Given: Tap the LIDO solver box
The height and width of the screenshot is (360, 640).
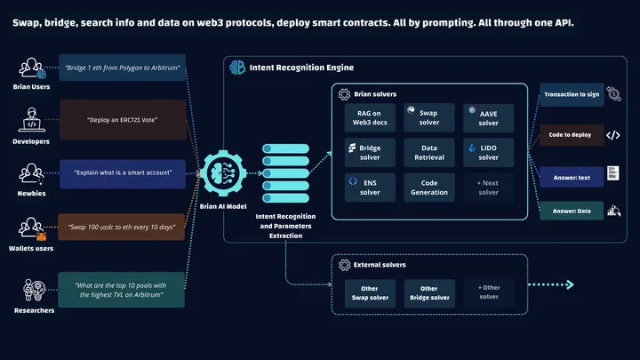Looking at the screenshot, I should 487,152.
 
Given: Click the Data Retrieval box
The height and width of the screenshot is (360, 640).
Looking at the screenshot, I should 427,152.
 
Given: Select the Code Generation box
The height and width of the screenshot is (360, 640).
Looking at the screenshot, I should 427,187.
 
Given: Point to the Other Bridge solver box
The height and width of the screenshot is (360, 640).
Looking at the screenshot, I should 428,293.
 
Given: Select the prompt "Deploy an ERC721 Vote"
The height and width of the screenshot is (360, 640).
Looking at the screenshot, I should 123,119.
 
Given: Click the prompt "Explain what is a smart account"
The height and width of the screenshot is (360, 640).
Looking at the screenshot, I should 123,172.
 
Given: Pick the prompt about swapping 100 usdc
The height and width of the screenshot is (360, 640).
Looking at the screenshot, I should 123,227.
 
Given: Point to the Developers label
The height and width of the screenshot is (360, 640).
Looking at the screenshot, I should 32,140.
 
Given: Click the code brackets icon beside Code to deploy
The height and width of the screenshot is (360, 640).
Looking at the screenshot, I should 612,135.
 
